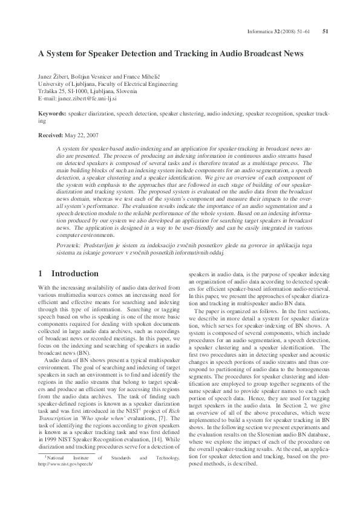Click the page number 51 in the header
point(326,31)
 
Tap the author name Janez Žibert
point(53,77)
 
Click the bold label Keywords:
point(52,114)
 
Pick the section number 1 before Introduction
point(41,274)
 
